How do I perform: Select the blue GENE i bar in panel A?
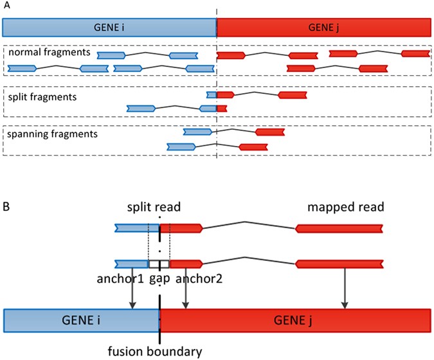coord(109,26)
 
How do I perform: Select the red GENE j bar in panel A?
coord(323,26)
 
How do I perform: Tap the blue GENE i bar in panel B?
coord(82,318)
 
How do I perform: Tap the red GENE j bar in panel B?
coord(295,318)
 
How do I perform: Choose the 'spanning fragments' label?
coord(42,134)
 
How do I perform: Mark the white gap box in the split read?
coord(159,264)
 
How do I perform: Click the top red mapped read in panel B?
coord(339,228)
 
